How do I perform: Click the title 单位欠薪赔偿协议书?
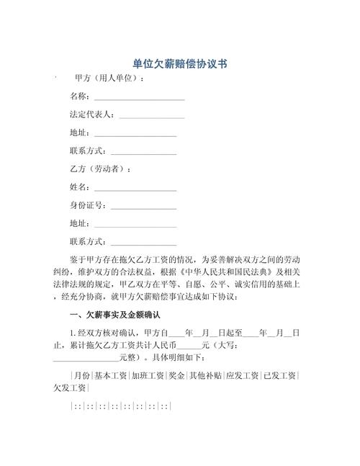180,63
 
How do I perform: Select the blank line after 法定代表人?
152,115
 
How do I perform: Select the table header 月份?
81,376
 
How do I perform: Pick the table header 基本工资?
111,376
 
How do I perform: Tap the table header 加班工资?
148,376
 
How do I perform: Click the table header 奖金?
176,376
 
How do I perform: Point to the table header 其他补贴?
205,376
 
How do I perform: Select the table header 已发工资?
279,376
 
